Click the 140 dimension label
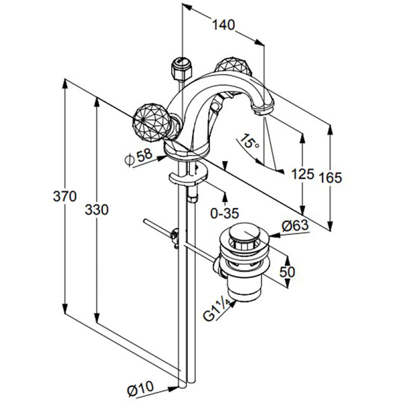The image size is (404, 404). tap(224, 25)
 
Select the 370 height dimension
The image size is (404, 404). tap(65, 197)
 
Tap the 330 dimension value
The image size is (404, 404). tap(96, 209)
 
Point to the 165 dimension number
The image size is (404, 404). tap(331, 178)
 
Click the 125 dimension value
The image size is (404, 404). tap(303, 174)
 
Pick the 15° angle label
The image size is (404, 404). tap(249, 141)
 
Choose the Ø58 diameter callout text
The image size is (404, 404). tap(139, 157)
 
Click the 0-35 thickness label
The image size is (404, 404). tap(225, 213)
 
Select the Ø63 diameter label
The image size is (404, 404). tap(295, 226)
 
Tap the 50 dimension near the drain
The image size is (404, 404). tap(287, 271)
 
